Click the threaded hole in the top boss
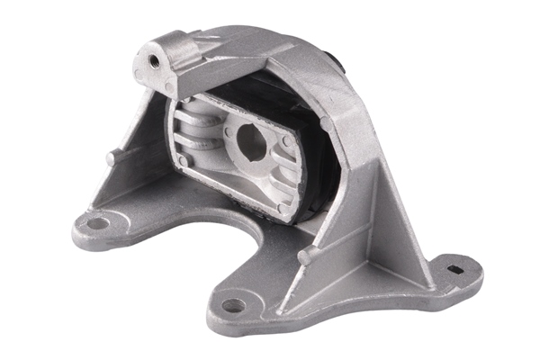[x=154, y=60]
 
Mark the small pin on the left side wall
[x=112, y=158]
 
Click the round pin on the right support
[x=303, y=256]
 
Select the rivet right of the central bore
[x=286, y=140]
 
